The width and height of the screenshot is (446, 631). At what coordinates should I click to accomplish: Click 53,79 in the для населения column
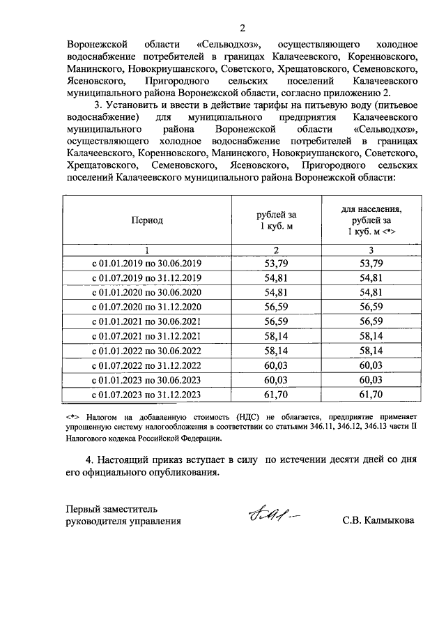click(371, 263)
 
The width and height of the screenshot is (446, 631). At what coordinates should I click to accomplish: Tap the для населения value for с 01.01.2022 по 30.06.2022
click(371, 351)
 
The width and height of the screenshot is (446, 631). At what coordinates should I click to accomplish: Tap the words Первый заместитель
click(112, 507)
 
